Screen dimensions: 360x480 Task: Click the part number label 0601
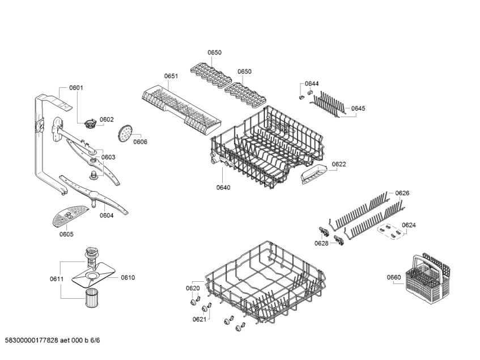click(x=76, y=87)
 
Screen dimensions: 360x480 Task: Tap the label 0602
click(x=107, y=120)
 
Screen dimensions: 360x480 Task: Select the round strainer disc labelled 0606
click(x=125, y=134)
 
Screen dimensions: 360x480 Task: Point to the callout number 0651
click(x=171, y=76)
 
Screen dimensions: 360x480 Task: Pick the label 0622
click(x=338, y=164)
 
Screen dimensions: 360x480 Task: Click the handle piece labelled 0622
click(x=311, y=175)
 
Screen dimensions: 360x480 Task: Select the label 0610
click(x=128, y=277)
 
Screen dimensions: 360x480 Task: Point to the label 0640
click(x=223, y=187)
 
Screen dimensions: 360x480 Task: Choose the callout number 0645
click(x=358, y=108)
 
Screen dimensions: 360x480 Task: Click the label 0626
click(x=402, y=193)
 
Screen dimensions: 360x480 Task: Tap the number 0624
click(x=408, y=225)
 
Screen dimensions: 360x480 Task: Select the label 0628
click(x=321, y=243)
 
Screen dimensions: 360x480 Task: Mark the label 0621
click(x=199, y=319)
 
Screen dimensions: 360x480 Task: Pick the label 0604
click(x=107, y=215)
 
